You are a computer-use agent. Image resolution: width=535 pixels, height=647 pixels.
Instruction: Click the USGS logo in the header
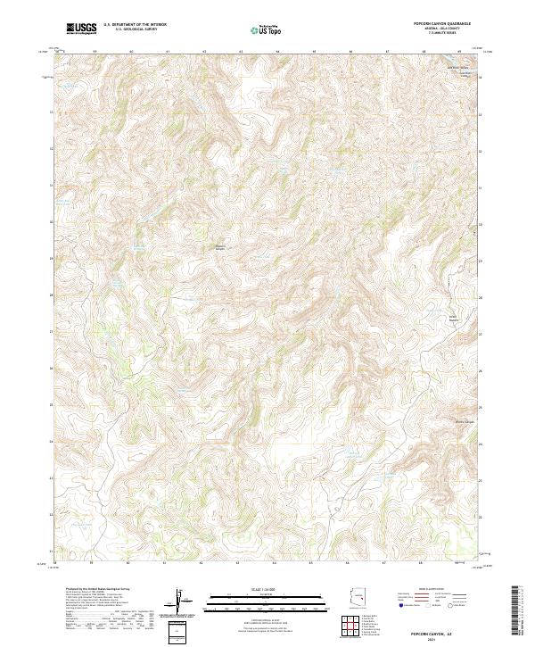(x=82, y=29)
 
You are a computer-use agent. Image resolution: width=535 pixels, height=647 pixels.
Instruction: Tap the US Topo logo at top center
(x=267, y=30)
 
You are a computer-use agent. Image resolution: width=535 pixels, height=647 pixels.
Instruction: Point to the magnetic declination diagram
(x=181, y=603)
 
